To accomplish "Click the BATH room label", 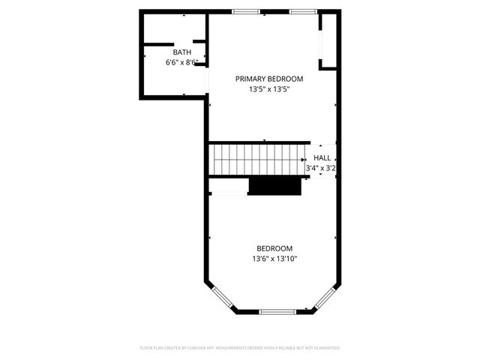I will point(182,52).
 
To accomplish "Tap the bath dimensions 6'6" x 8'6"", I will point(182,63).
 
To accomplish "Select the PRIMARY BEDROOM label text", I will point(269,79).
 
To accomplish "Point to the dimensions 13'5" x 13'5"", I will point(269,89).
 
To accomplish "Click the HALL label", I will point(322,158).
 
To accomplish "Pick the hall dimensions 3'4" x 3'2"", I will point(320,169).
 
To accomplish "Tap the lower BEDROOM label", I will point(274,248).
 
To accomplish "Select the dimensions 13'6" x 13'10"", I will point(274,259).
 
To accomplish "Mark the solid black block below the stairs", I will point(274,186).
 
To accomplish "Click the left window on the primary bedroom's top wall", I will point(246,11).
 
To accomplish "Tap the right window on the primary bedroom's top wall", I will point(303,11).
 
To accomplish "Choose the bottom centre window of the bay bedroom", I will point(277,311).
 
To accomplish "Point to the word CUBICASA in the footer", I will point(213,348).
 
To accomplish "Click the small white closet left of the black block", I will point(229,193).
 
